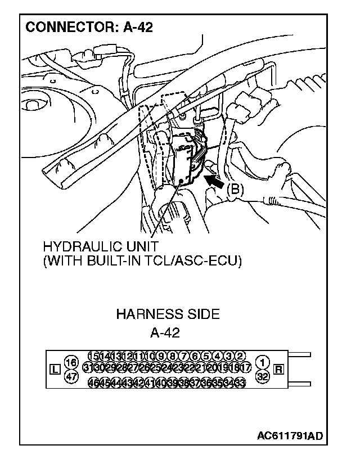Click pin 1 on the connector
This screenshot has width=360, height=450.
point(262,362)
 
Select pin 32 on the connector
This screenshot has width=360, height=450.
point(262,376)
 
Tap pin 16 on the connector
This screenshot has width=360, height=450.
point(71,362)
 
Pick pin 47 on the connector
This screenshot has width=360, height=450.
point(71,376)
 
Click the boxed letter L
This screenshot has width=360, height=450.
point(55,370)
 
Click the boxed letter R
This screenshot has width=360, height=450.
point(278,370)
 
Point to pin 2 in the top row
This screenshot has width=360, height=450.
point(239,355)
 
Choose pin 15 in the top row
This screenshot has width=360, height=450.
point(94,355)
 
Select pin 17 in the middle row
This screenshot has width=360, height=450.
point(245,367)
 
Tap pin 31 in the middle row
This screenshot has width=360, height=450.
point(88,367)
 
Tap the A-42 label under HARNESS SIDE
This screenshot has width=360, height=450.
point(164,332)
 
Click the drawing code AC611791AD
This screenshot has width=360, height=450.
point(290,436)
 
